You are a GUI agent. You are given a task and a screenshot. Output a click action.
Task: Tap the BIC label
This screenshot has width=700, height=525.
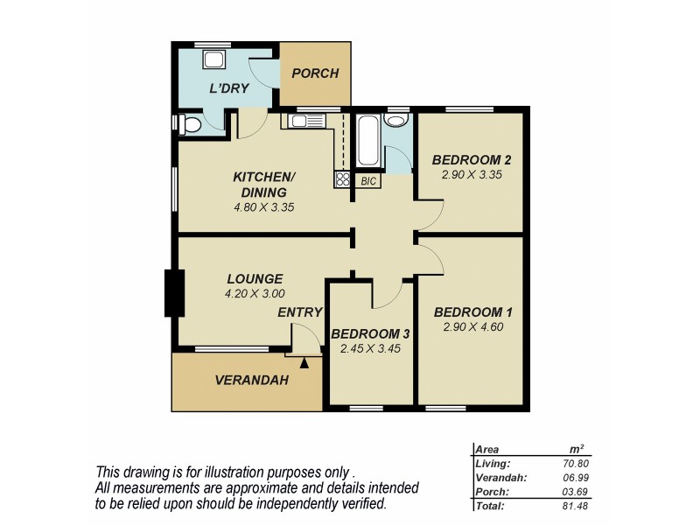pos(368,181)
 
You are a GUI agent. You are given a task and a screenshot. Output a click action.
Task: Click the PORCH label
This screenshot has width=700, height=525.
pos(315,73)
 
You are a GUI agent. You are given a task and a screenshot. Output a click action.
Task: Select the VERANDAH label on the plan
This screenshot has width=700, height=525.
pos(252,381)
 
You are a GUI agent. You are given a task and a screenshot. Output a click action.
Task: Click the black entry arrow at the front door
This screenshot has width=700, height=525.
pos(304,361)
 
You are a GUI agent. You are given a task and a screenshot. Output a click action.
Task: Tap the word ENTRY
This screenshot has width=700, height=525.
pos(300,312)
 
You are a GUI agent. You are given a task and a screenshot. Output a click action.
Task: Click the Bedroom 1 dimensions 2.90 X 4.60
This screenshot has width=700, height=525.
pos(473,327)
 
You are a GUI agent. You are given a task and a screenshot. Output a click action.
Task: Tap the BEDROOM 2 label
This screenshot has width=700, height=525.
pos(472,159)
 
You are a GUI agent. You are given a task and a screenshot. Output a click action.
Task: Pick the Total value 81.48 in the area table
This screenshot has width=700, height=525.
pos(579,506)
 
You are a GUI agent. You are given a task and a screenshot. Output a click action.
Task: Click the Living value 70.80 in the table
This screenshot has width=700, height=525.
pos(579,464)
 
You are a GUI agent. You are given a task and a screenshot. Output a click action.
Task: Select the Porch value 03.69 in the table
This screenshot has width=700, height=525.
pos(579,492)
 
